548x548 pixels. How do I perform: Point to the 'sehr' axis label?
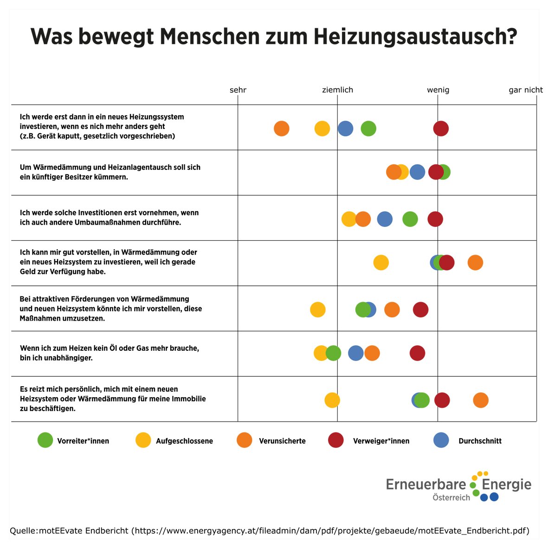(x=238, y=90)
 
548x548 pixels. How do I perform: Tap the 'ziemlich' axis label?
(x=337, y=90)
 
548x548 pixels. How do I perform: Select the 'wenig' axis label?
(x=438, y=90)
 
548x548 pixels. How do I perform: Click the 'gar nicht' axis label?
(x=525, y=90)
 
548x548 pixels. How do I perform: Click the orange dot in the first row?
(x=281, y=129)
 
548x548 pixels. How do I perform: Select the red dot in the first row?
(x=440, y=129)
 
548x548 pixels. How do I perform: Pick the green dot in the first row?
(x=368, y=129)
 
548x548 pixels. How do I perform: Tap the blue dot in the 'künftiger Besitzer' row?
(x=417, y=172)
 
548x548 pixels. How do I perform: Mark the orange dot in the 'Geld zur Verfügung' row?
(x=475, y=263)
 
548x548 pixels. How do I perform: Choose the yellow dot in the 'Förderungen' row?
(x=317, y=309)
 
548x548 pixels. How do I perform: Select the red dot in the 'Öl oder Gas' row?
(x=417, y=353)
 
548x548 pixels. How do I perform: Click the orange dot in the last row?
(x=480, y=400)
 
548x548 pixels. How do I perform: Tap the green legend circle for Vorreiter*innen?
(x=45, y=440)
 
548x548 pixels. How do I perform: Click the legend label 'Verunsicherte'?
(x=282, y=441)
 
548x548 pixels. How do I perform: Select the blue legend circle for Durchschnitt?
(x=441, y=440)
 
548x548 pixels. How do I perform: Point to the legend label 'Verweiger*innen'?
(x=381, y=441)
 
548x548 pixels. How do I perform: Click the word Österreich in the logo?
(x=451, y=498)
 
